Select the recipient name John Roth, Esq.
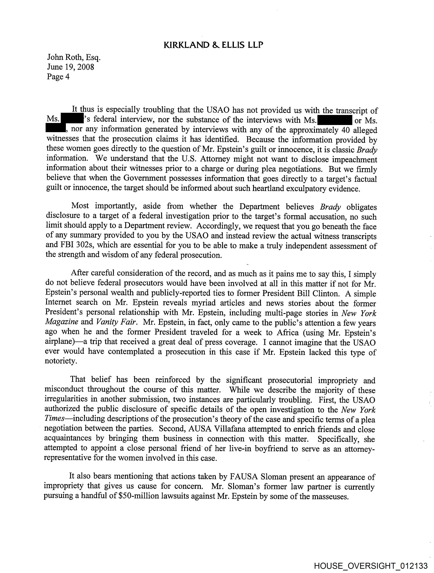[74, 57]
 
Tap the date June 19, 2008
[70, 67]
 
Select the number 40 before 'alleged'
[346, 130]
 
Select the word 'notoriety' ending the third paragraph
[61, 361]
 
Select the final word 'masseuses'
[330, 497]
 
